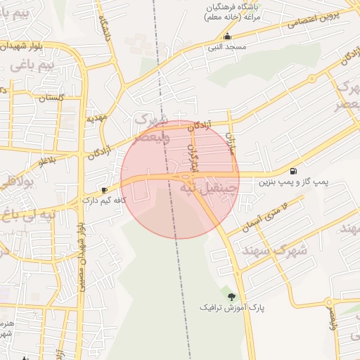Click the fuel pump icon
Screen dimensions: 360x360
(292, 171)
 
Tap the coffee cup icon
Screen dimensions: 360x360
(104, 190)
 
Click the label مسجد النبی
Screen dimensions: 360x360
(226, 46)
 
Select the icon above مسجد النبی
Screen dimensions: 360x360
(226, 36)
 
